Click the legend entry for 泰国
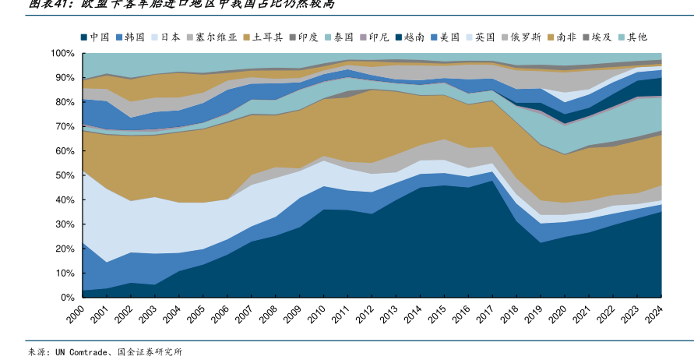343,37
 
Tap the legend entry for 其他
637,37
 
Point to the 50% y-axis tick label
64,175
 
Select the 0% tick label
67,297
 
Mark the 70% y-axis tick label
64,126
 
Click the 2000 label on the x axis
76,316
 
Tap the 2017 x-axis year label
487,316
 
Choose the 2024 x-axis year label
656,316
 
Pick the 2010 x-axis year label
317,316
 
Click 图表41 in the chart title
48,4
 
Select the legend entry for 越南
415,37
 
